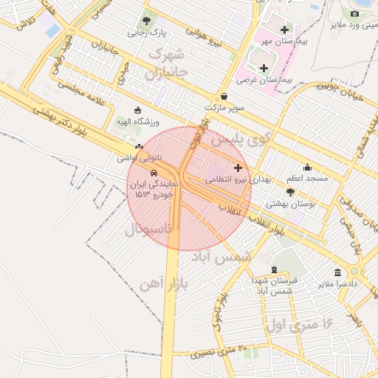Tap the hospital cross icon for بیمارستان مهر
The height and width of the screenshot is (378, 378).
tap(284, 30)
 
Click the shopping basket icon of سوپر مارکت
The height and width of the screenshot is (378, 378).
tap(224, 96)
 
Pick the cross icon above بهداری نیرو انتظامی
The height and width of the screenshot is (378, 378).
tap(237, 168)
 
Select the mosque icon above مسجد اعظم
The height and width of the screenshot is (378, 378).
tap(307, 168)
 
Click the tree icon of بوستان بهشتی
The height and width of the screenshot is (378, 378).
tap(290, 192)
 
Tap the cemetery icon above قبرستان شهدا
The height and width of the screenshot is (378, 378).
tap(275, 270)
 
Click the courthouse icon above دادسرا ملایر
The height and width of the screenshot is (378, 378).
tap(337, 272)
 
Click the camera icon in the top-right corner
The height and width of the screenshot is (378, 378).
tap(354, 13)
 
